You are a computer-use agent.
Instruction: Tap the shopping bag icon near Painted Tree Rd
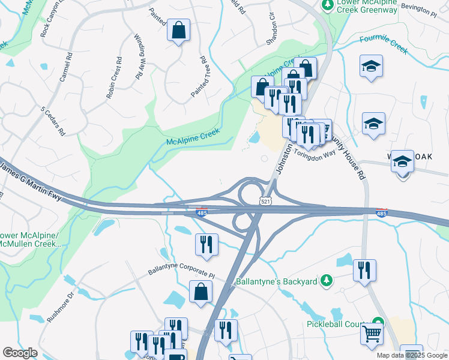[178, 31]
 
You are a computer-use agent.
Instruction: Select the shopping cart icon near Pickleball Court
[372, 333]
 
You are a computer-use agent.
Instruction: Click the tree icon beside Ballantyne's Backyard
[326, 280]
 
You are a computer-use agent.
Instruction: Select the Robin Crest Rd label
[114, 77]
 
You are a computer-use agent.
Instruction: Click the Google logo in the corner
[20, 353]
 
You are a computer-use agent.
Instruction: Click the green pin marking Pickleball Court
[378, 322]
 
